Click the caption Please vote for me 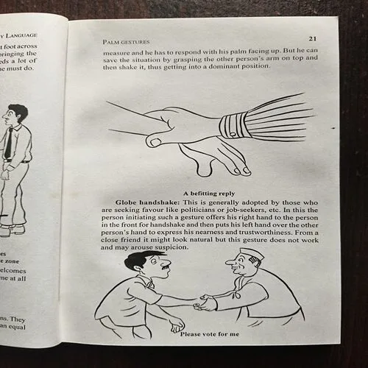click(210, 336)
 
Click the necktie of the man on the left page click(7, 144)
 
